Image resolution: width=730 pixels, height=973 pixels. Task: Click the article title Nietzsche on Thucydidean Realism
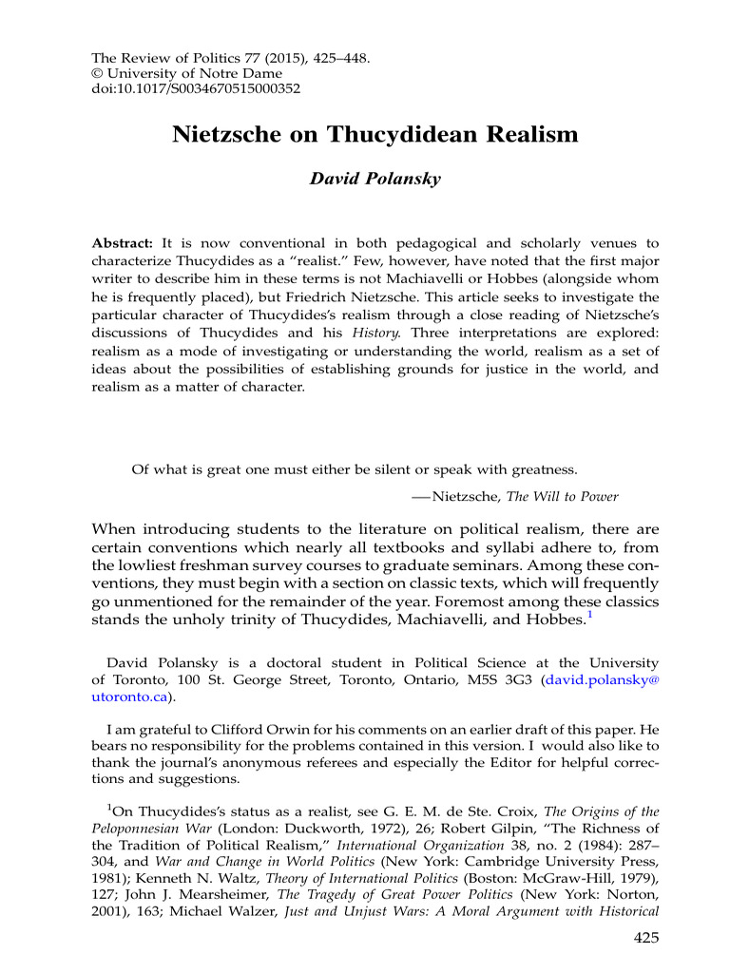[375, 135]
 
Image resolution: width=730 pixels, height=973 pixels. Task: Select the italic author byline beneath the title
[376, 179]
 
